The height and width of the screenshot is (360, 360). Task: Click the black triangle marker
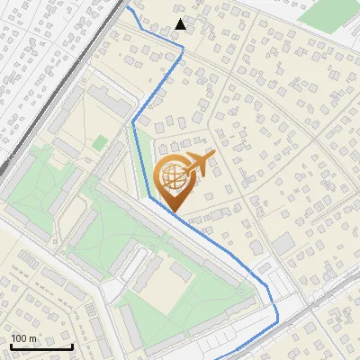tap(181, 23)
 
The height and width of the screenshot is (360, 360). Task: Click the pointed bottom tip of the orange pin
tap(175, 212)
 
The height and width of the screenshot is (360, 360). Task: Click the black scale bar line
tap(41, 346)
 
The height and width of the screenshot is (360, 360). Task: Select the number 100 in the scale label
tap(19, 338)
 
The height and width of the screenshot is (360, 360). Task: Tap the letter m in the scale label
tap(33, 338)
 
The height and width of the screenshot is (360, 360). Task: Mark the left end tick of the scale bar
tap(11, 345)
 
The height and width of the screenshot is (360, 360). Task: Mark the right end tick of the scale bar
tap(72, 345)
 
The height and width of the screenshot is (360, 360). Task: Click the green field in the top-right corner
tap(328, 13)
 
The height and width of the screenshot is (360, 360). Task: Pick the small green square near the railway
tap(99, 142)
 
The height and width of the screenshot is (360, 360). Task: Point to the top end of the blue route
tap(128, 7)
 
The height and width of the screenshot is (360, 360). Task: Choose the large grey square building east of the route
tap(283, 242)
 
